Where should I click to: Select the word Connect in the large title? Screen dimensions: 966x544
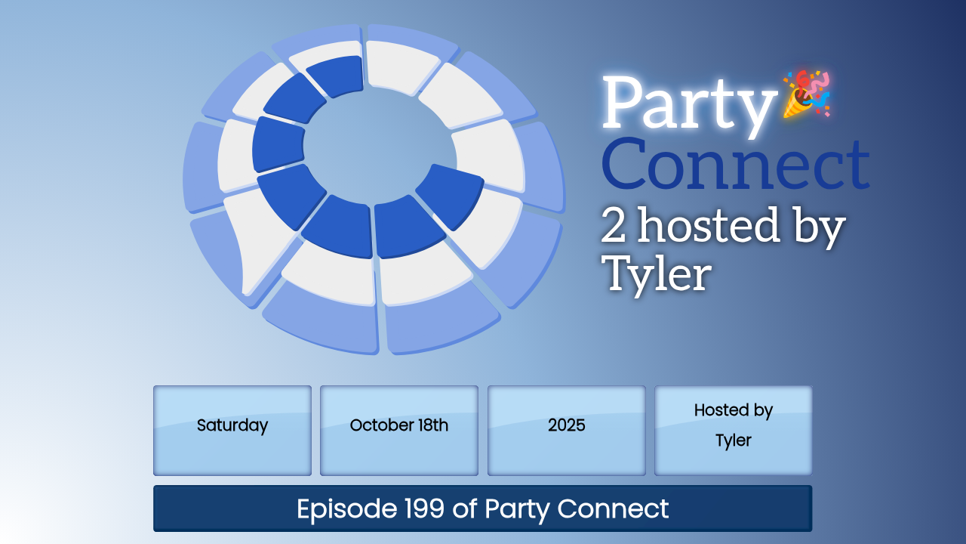[x=735, y=165]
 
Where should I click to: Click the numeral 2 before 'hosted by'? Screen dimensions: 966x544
[x=613, y=224]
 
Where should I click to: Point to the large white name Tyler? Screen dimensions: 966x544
[x=657, y=274]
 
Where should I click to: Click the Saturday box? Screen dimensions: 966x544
[x=232, y=431]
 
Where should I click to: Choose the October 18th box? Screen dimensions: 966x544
[x=399, y=431]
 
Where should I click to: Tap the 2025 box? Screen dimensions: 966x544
[x=566, y=431]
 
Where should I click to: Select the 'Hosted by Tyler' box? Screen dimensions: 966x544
[x=733, y=431]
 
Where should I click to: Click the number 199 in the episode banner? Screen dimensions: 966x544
[x=424, y=508]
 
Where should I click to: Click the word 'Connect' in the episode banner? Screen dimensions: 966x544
[x=613, y=508]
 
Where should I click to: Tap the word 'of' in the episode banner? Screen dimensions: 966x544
[x=464, y=508]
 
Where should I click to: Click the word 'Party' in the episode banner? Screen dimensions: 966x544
[x=517, y=510]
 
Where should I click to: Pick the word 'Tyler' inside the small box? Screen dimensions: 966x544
[x=733, y=440]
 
